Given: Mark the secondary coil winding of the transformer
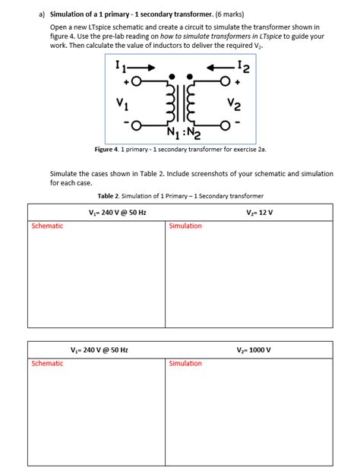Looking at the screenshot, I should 193,104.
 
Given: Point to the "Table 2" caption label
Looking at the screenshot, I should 111,195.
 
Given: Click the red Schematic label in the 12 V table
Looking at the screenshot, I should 47,226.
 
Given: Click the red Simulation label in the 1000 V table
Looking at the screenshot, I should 185,363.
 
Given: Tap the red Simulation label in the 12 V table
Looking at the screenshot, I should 185,226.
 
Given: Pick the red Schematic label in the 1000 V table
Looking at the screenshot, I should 47,363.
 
